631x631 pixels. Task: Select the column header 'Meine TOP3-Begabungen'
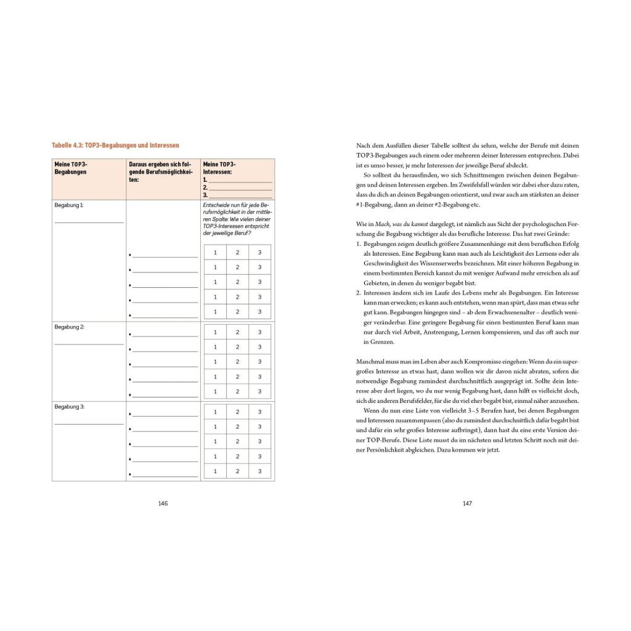pos(71,168)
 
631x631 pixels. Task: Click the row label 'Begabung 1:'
pos(68,205)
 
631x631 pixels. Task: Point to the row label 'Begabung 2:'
pos(68,327)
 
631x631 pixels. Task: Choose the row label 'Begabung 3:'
pos(68,407)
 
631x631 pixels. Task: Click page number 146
pos(163,503)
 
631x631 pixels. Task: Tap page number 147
pos(467,503)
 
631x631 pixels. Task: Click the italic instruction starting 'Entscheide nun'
pos(237,219)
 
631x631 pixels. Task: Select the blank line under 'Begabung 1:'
pos(89,222)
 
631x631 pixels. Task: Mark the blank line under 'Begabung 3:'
pos(89,424)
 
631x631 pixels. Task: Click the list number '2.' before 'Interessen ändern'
pos(359,293)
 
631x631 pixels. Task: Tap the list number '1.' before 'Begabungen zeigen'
pos(359,244)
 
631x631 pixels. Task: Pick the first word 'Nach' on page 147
pos(363,145)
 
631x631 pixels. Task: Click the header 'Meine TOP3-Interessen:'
pos(219,168)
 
